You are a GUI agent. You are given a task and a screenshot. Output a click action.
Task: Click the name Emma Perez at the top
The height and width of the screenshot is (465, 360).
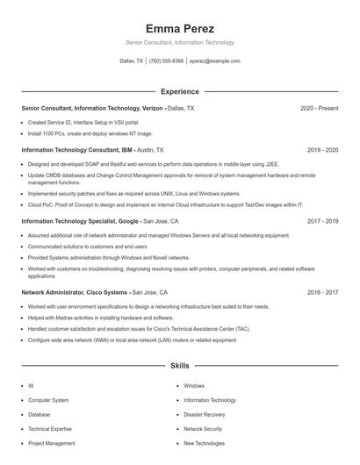[180, 28]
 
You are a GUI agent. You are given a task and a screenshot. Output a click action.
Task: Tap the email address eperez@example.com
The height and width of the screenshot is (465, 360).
[214, 61]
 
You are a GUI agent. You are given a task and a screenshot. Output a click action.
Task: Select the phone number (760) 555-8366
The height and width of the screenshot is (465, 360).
[166, 61]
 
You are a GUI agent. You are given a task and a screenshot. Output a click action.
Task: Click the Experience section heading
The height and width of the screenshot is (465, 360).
[180, 91]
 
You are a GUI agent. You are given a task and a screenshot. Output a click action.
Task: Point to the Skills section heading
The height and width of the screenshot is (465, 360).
[180, 365]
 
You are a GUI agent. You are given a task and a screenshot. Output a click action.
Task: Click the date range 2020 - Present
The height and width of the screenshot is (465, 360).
[319, 108]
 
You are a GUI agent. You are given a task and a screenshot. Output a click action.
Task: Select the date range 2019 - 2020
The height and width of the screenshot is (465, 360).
[322, 150]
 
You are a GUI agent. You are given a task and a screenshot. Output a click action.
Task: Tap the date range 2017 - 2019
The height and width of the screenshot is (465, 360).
[322, 222]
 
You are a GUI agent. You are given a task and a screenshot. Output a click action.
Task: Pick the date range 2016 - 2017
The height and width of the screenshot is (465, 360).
[322, 292]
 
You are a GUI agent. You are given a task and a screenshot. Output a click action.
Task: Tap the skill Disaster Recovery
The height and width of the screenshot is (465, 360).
[204, 414]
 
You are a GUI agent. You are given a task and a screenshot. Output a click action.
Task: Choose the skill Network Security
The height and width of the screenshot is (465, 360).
[202, 429]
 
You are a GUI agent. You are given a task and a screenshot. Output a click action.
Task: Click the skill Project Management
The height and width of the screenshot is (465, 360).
[51, 443]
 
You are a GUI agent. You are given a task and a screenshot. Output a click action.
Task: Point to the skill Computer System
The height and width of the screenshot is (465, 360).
[48, 400]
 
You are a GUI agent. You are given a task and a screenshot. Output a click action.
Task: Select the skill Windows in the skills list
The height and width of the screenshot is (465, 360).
[194, 385]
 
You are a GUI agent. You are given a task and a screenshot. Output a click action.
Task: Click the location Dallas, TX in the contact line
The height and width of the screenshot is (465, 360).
[132, 61]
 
